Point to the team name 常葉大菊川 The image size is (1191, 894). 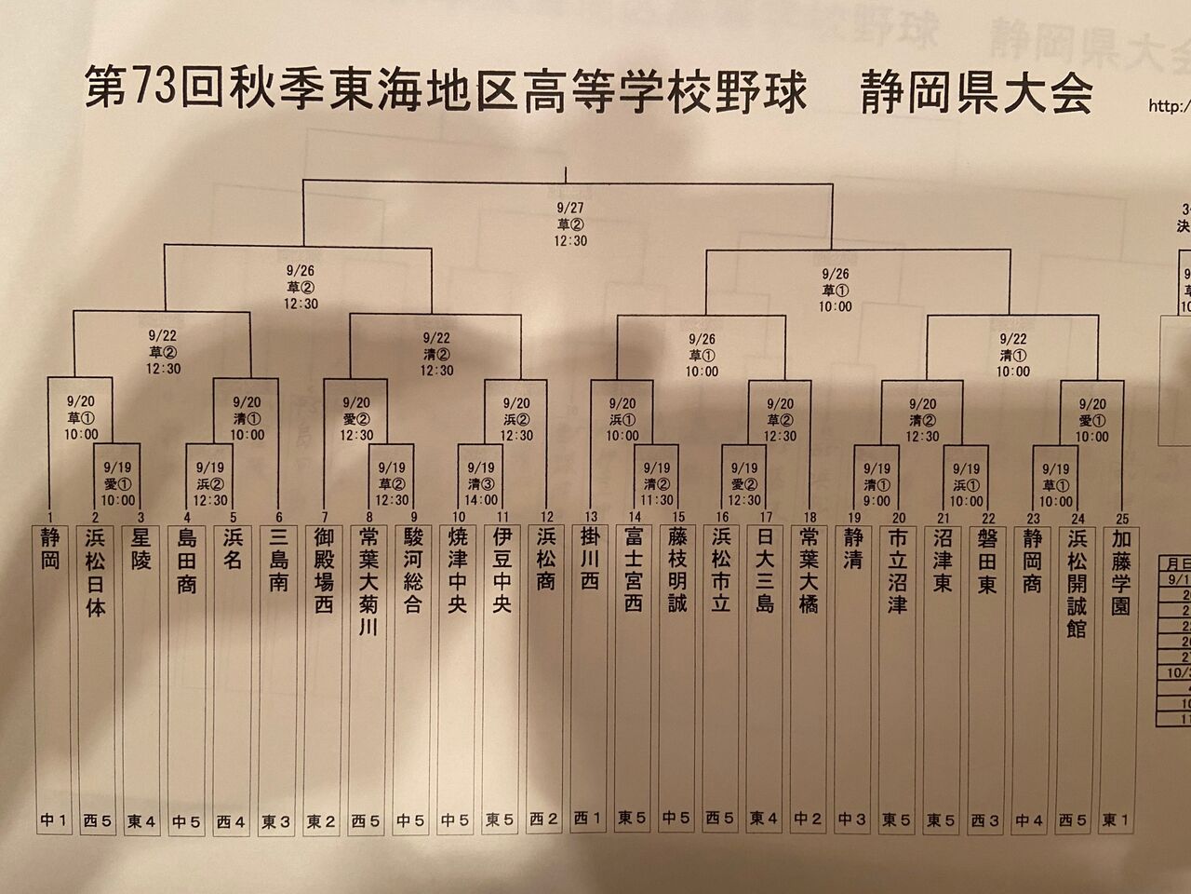pyautogui.click(x=366, y=587)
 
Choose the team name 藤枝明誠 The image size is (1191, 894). pyautogui.click(x=676, y=572)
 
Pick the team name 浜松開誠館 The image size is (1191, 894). pyautogui.click(x=1077, y=587)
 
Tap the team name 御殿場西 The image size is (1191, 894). pyautogui.click(x=323, y=572)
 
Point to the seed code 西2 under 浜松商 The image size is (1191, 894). pyautogui.click(x=544, y=820)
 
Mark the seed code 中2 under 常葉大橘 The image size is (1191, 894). pyautogui.click(x=808, y=820)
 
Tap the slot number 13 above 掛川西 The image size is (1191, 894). pyautogui.click(x=588, y=517)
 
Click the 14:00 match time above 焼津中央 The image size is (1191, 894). pyautogui.click(x=480, y=499)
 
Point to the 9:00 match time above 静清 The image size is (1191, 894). pyautogui.click(x=877, y=499)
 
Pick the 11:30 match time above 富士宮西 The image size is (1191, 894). pyautogui.click(x=658, y=499)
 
